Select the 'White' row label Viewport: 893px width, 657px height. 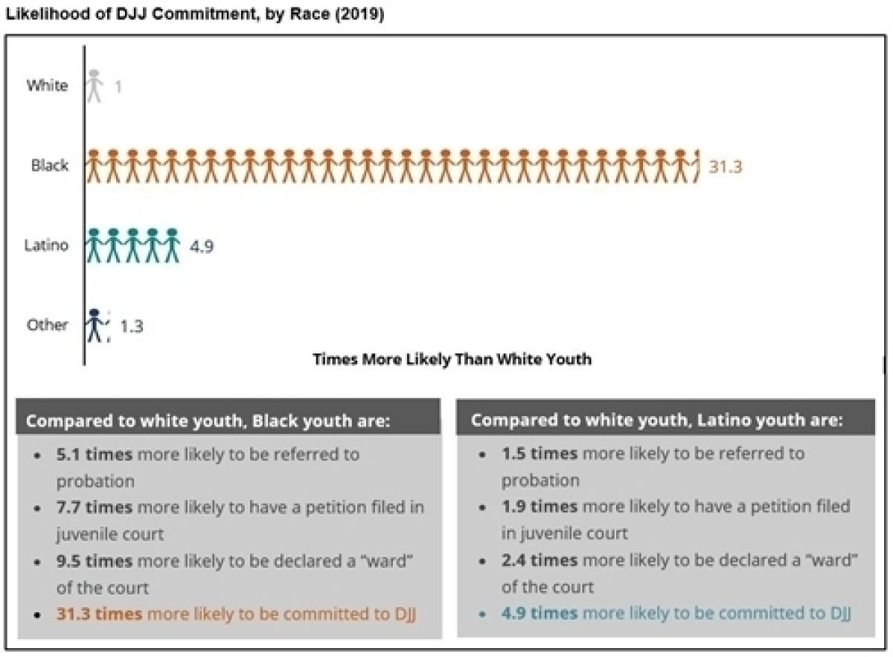pos(47,85)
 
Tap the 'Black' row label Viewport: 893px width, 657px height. pos(50,164)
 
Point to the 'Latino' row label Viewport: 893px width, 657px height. pos(46,245)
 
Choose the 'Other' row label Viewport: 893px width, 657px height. pos(48,324)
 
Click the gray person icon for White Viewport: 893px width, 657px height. pos(95,86)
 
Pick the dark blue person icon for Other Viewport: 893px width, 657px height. pos(94,325)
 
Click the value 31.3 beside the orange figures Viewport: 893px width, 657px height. pos(725,167)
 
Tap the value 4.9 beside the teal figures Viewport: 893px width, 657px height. pos(202,246)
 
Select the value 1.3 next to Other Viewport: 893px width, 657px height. pos(131,325)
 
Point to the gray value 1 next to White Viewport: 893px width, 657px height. pos(118,87)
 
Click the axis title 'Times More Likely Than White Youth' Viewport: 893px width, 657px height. pos(452,359)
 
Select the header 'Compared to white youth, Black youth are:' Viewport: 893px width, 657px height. pos(208,420)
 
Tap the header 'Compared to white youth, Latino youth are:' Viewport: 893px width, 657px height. pos(656,420)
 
